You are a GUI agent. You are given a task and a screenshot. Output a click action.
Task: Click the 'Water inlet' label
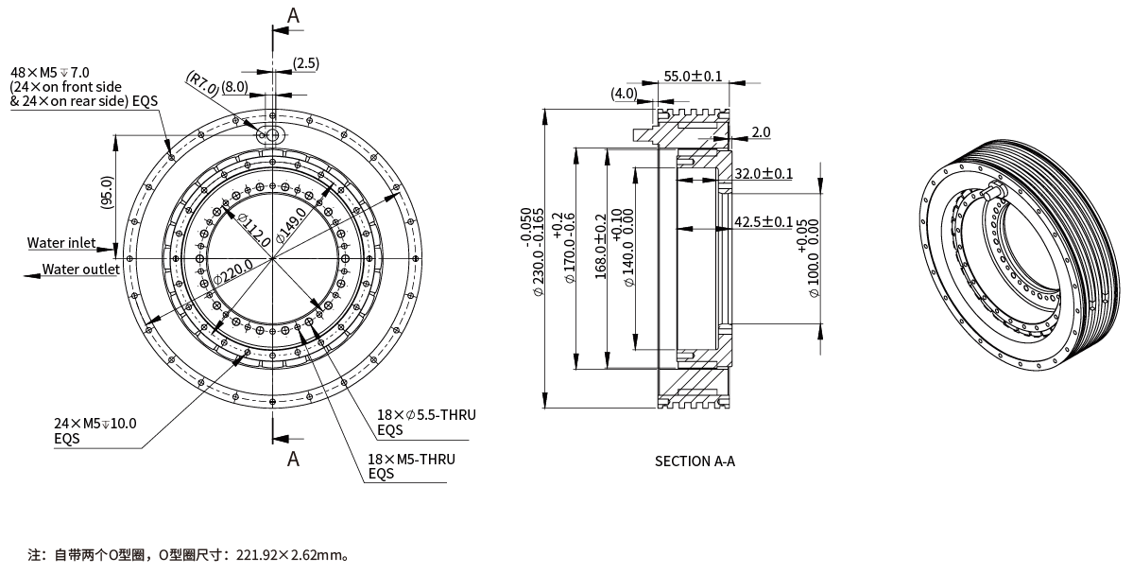pos(60,243)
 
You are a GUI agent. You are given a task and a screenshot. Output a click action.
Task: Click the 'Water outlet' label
pos(80,270)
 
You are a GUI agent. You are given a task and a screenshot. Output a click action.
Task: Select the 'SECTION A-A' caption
pos(695,461)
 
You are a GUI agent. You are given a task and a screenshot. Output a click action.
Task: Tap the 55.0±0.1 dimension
pos(693,76)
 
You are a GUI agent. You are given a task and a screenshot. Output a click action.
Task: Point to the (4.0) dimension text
pos(624,93)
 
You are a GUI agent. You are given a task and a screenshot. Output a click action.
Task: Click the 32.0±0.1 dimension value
pos(764,174)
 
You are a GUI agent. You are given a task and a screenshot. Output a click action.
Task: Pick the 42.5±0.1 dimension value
pos(764,222)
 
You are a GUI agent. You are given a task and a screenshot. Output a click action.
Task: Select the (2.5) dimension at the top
pos(305,63)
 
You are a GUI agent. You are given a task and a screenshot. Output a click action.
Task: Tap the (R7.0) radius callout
pos(201,82)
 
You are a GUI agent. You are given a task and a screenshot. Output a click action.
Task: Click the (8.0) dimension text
pos(235,86)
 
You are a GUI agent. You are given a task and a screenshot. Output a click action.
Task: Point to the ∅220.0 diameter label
pos(233,272)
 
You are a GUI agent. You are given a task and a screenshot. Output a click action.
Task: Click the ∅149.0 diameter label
pos(291,224)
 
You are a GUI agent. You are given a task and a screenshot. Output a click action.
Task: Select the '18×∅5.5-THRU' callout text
pos(425,415)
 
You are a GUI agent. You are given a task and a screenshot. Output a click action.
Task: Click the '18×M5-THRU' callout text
pos(411,460)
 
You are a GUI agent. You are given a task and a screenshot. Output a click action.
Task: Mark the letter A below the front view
pos(293,459)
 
